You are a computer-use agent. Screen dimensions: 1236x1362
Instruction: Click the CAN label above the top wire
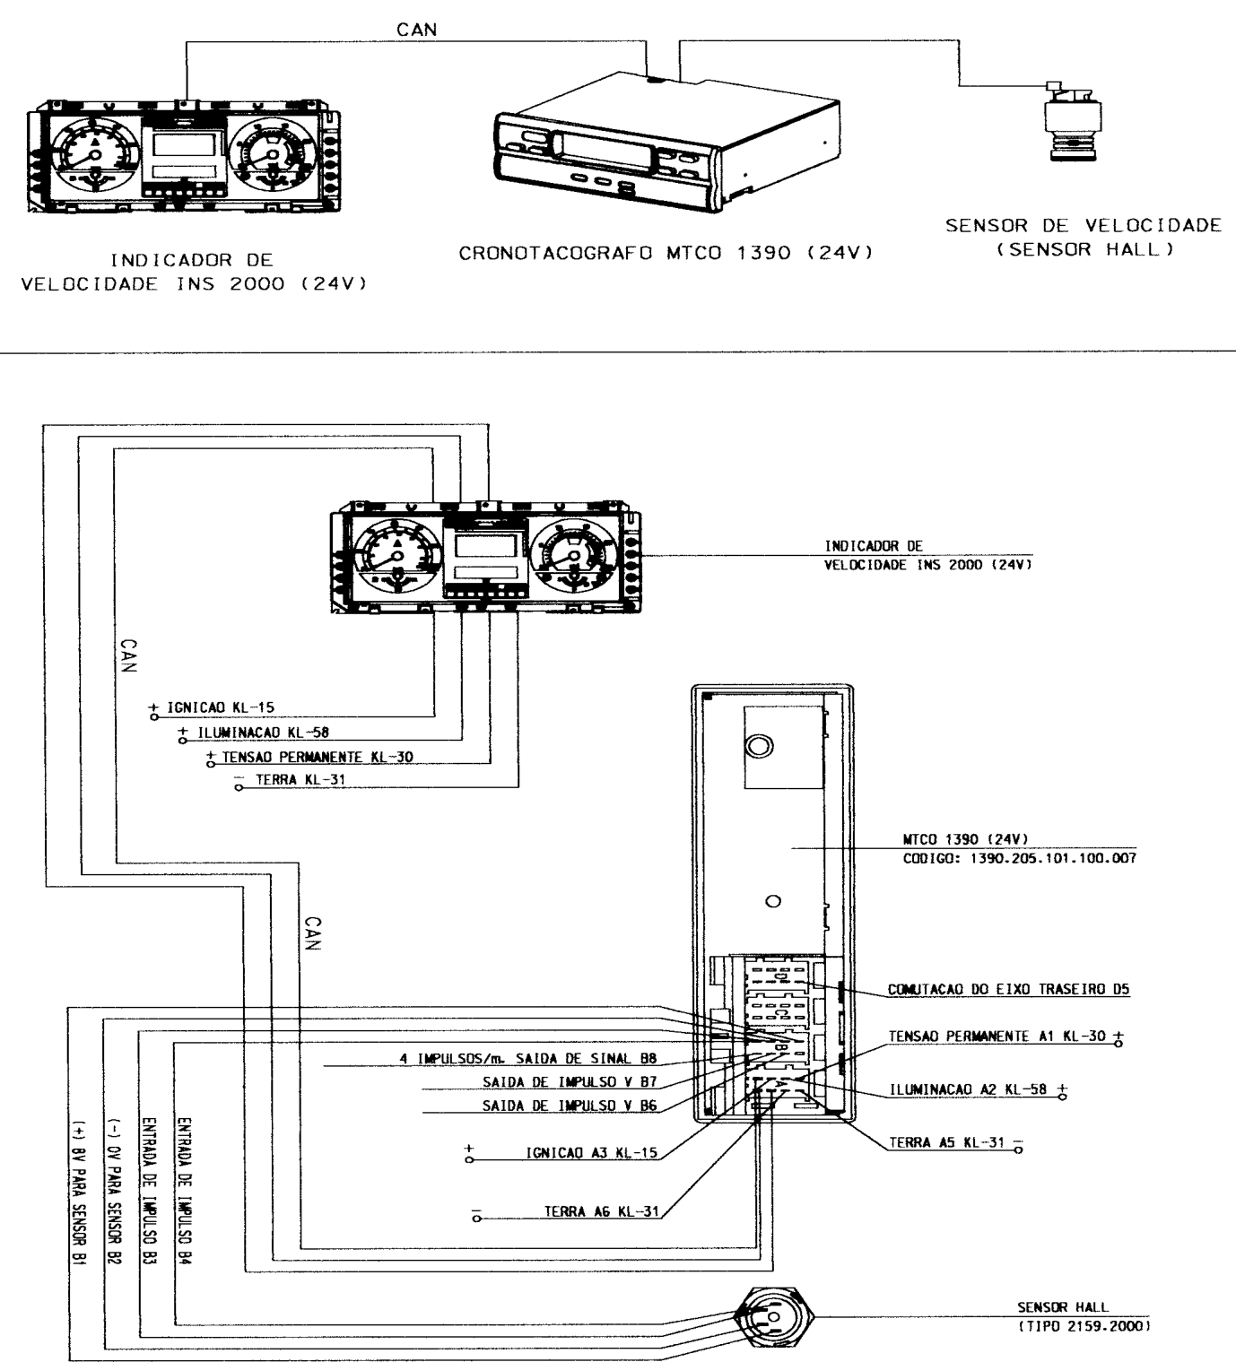coord(416,30)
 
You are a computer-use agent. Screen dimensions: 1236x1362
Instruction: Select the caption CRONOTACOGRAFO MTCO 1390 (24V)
coord(666,253)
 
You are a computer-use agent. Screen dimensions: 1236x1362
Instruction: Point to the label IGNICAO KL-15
coord(221,707)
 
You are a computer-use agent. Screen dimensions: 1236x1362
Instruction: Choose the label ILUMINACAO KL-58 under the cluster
coord(263,733)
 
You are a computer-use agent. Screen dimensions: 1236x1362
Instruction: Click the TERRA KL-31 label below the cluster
coord(300,779)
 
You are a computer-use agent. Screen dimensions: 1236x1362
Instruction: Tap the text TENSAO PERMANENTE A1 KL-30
coord(997,1037)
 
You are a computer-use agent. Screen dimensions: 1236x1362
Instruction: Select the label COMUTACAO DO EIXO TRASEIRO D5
coord(1008,989)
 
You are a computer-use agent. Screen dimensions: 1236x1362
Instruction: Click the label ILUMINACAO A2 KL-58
coord(969,1089)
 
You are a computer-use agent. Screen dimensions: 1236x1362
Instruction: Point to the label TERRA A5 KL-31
coord(946,1142)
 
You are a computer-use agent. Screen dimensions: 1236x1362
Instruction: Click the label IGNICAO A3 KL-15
coord(592,1153)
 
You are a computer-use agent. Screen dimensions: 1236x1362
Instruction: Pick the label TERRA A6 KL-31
coord(601,1211)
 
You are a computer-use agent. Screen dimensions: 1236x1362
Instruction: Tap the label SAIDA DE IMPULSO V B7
coord(570,1081)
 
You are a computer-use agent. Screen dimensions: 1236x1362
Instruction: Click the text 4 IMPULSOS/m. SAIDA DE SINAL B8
coord(528,1059)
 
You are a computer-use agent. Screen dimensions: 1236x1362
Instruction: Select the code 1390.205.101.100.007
coord(1052,858)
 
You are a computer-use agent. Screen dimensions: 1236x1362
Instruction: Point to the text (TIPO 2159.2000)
coord(1084,1326)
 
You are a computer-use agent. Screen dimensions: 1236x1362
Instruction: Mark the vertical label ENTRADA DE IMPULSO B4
coord(184,1191)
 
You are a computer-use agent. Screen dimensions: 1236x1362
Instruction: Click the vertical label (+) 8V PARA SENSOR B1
coord(79,1193)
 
